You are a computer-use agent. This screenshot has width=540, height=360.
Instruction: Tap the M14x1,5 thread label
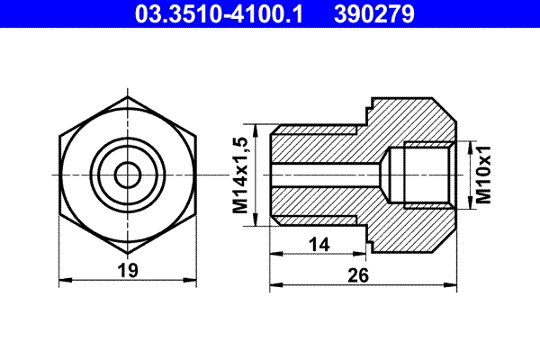[240, 173]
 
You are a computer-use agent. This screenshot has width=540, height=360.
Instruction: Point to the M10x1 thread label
[483, 174]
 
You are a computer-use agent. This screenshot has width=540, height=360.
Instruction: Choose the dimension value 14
[319, 244]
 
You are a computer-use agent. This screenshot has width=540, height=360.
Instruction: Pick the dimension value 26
[358, 276]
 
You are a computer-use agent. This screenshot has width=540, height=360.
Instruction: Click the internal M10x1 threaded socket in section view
[427, 173]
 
